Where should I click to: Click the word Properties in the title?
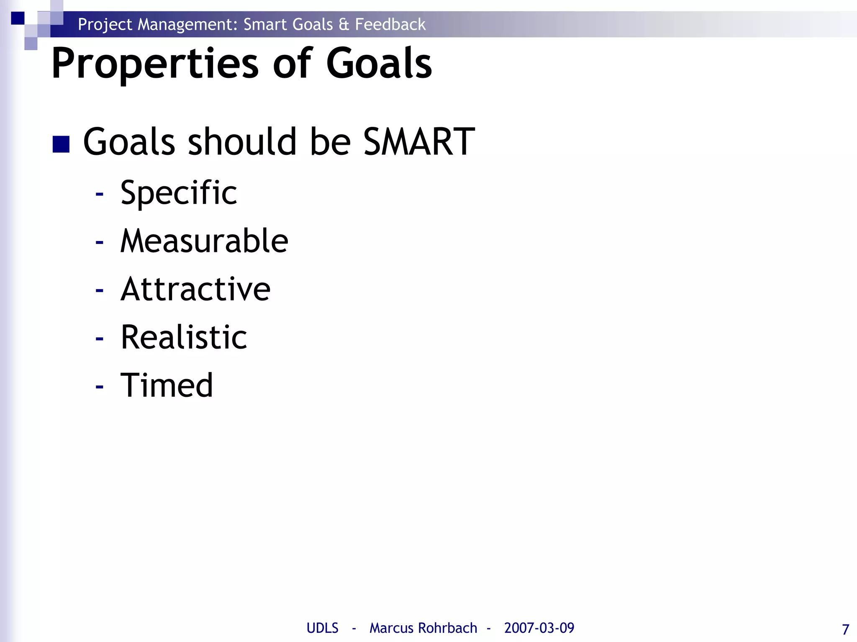[x=155, y=64]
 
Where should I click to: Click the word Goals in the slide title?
[x=379, y=63]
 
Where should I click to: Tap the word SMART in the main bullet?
[x=419, y=142]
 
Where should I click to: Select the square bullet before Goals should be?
[x=61, y=144]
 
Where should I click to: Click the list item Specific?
[x=179, y=193]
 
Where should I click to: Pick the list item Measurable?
[x=204, y=241]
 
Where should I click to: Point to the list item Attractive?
[x=195, y=289]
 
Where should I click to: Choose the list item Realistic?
[x=184, y=337]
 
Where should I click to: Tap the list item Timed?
[x=167, y=385]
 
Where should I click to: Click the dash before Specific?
[x=99, y=194]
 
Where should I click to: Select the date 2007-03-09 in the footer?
[x=539, y=628]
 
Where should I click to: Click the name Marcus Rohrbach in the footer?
[x=423, y=628]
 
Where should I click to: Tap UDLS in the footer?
[x=322, y=628]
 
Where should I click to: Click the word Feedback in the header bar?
[x=390, y=24]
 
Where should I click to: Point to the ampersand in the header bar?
[x=344, y=25]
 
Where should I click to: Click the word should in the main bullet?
[x=242, y=142]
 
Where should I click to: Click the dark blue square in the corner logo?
[x=18, y=18]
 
